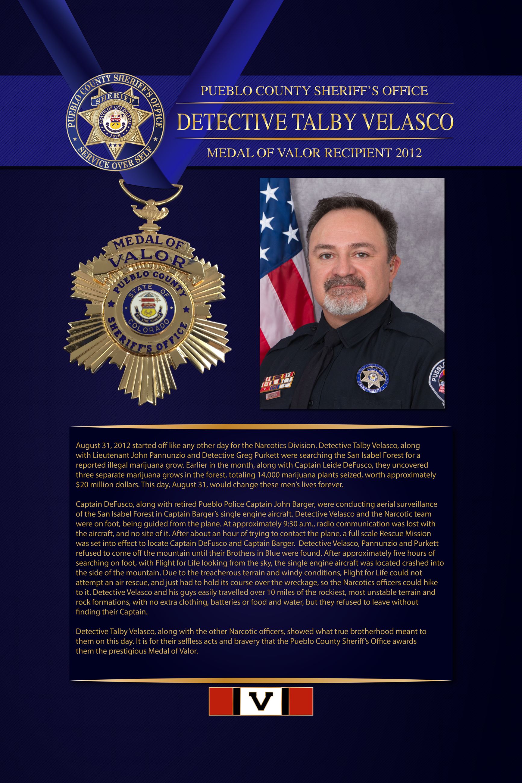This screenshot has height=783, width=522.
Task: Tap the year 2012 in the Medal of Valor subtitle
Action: coord(408,153)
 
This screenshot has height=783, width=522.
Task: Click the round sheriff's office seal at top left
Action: coord(115,121)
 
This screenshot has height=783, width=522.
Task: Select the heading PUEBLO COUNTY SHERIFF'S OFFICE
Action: coord(314,91)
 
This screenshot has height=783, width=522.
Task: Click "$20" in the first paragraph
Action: coord(82,485)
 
